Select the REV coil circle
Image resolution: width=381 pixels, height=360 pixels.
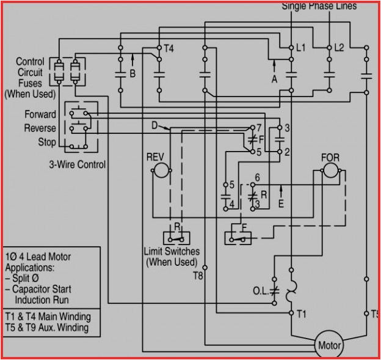click(x=160, y=171)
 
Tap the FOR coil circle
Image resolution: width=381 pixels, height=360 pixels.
click(x=330, y=171)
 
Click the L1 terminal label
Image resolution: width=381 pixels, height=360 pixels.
click(x=301, y=47)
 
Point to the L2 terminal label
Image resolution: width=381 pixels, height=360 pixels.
click(x=339, y=47)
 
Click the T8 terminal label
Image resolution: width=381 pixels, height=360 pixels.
click(x=198, y=276)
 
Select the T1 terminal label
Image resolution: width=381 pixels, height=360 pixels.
click(x=301, y=314)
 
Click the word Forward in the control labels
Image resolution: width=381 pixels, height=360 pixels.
click(x=40, y=114)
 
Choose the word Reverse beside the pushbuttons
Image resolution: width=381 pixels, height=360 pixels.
click(x=40, y=128)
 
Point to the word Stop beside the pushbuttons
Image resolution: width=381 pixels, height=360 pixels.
click(x=47, y=142)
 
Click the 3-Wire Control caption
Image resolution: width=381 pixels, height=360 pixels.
click(x=77, y=164)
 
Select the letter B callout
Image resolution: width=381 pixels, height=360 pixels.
click(x=132, y=75)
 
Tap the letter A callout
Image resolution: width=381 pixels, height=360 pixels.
click(x=274, y=79)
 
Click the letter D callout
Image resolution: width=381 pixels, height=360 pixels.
click(x=154, y=126)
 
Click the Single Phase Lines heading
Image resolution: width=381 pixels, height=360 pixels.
click(x=319, y=6)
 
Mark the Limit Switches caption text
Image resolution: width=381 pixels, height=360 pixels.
click(x=172, y=251)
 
